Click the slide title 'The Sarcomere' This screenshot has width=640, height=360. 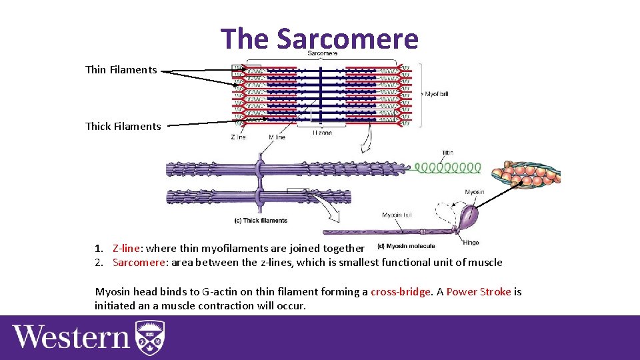coord(319,38)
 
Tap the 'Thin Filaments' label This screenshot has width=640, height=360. coord(121,69)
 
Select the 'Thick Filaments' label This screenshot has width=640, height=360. coord(123,126)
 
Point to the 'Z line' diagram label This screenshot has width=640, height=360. coord(238,137)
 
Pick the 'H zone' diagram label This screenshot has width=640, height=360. coord(321,133)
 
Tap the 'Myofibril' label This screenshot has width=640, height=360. coord(436,94)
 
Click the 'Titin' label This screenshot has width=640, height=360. coord(447,153)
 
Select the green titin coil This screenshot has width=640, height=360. coord(447,167)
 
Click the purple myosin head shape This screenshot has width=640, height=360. coord(470,215)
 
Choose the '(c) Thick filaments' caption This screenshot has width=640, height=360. coord(261,221)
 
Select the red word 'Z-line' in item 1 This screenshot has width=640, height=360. coord(126,248)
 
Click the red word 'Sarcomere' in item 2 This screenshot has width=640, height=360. coord(138,262)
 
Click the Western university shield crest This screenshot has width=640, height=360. coord(150,337)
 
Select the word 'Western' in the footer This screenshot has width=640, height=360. coord(71,337)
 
